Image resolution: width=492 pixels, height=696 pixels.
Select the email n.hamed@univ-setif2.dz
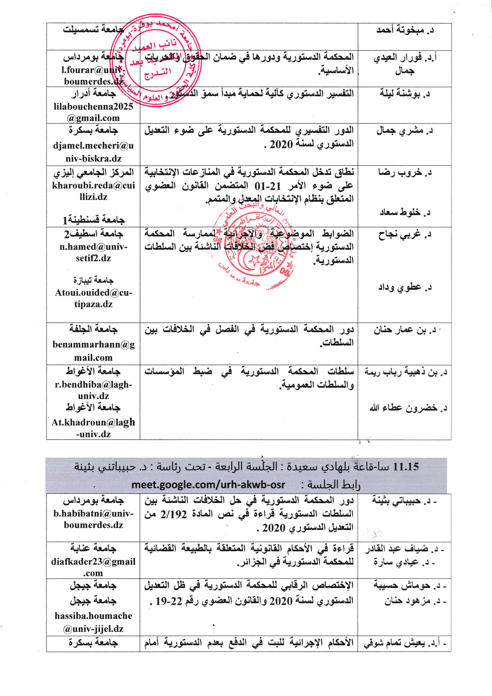(93, 252)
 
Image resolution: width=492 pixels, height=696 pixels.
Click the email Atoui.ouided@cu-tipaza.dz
(93, 298)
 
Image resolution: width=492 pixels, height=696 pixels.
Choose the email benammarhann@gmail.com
(93, 351)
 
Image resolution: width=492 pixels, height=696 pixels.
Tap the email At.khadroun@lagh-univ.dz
(93, 428)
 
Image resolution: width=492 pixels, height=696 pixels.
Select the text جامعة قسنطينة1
(93, 219)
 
